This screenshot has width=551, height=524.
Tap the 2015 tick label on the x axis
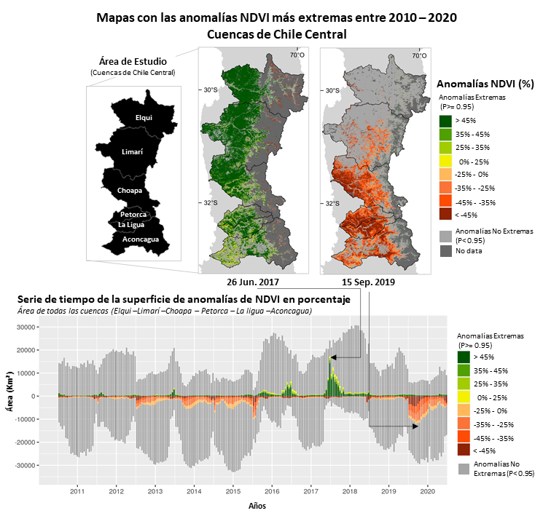[232, 491]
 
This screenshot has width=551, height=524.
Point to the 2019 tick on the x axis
[388, 491]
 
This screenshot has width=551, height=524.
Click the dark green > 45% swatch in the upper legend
[445, 121]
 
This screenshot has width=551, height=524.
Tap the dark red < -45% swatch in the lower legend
[464, 449]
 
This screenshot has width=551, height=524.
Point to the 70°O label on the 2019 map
[419, 55]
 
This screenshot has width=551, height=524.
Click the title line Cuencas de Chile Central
[276, 34]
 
